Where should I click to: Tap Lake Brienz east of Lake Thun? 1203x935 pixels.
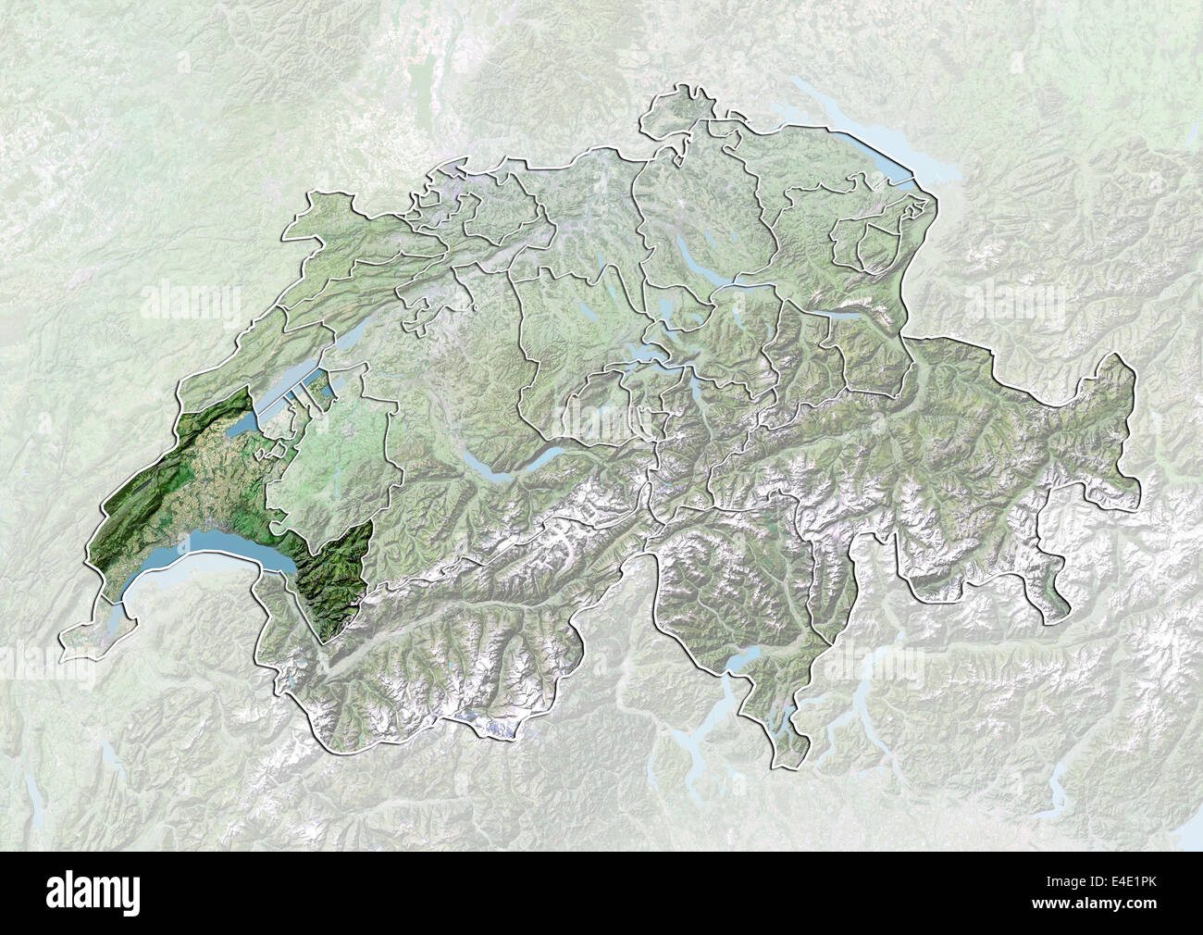click(x=546, y=453)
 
